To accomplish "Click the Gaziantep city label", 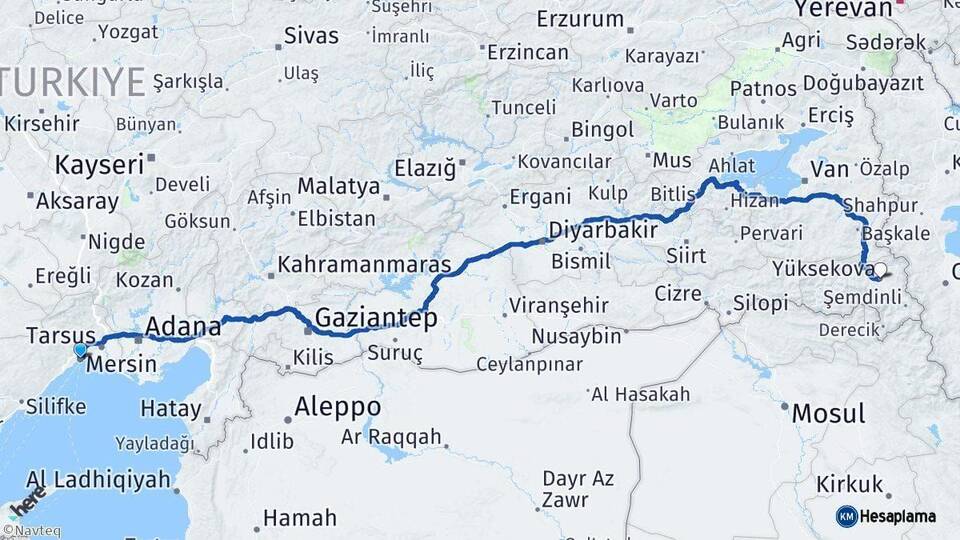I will (x=376, y=319).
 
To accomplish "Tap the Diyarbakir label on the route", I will (x=603, y=230).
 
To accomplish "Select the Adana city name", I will (x=183, y=326).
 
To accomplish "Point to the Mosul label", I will (x=828, y=412).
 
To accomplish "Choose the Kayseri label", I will (x=99, y=165).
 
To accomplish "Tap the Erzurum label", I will (x=580, y=19).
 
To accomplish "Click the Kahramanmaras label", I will (x=365, y=266).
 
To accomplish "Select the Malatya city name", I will (x=339, y=187).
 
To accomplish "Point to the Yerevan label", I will (x=842, y=9).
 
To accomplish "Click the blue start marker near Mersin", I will (x=80, y=350).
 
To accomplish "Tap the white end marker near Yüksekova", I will (x=883, y=269).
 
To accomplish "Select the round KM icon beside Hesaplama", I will (x=847, y=516).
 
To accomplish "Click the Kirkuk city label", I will (x=850, y=485).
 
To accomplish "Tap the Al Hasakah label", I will (x=640, y=394).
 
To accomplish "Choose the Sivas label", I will (x=311, y=36).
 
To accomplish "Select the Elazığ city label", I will (x=424, y=167).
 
